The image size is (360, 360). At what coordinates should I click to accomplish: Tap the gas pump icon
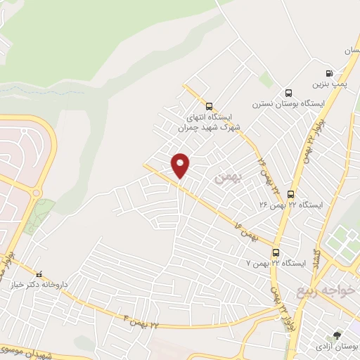(329, 74)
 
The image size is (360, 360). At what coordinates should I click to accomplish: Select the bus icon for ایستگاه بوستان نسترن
(288, 94)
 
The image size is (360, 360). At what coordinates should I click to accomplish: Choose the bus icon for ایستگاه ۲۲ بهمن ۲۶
(290, 194)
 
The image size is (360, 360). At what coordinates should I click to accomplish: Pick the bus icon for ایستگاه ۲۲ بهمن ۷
(275, 252)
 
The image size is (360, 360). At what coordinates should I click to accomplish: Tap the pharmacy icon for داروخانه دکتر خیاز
(39, 274)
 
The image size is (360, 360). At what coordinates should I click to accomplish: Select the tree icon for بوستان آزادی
(337, 335)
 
